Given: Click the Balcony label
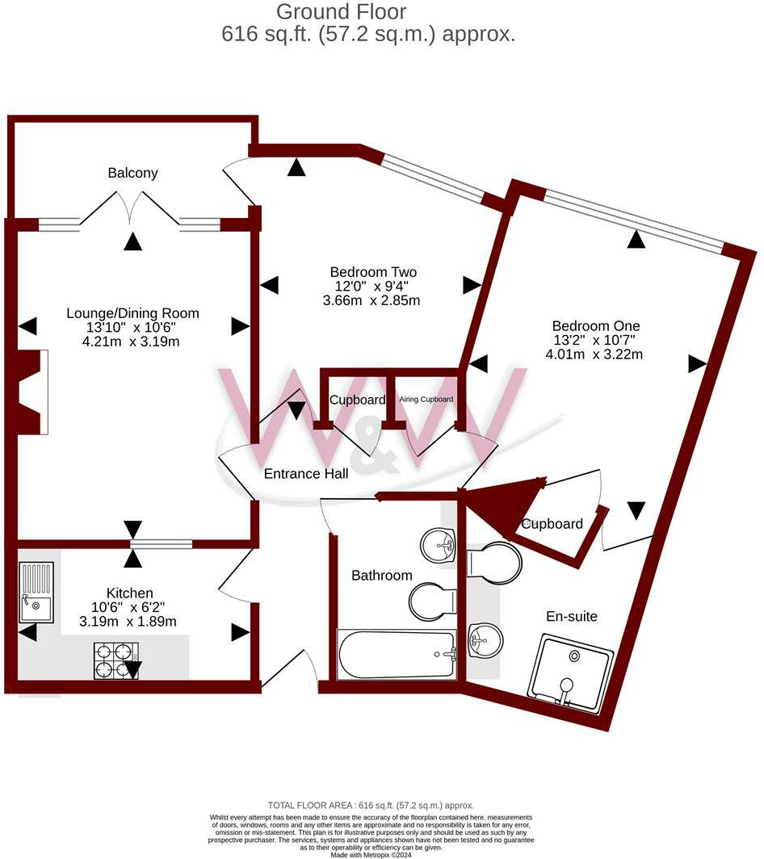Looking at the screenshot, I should (x=132, y=173).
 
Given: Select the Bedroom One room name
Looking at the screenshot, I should (x=592, y=326).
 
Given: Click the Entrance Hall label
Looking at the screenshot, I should (x=306, y=474).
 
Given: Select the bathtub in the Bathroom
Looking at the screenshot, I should (x=397, y=655).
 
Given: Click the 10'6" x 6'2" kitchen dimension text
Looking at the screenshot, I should (x=129, y=607).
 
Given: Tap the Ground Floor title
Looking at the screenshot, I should (x=340, y=12).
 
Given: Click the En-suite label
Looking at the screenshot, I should (x=571, y=616).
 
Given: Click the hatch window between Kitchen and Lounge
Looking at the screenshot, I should (x=162, y=546).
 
